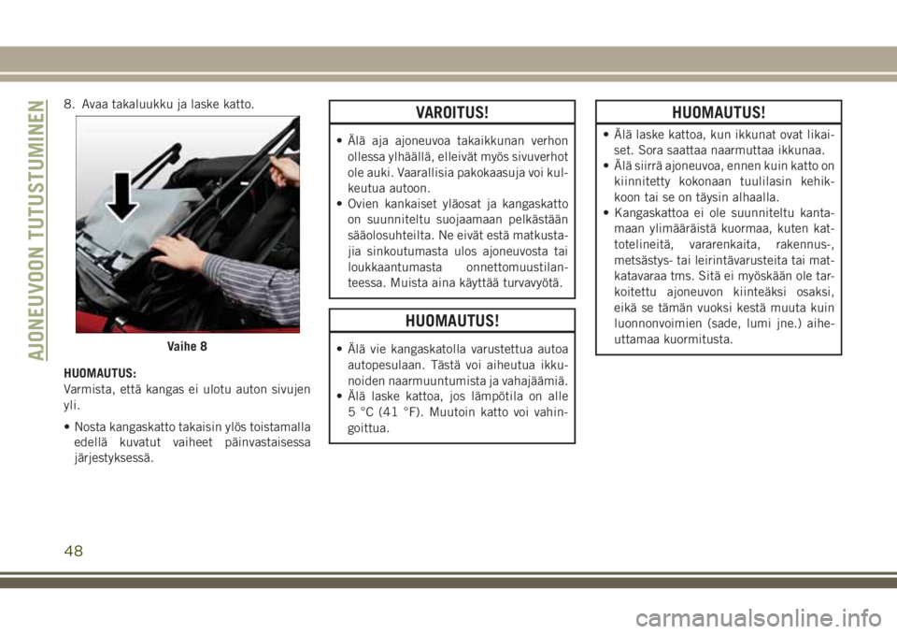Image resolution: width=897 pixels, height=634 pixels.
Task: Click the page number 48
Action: (x=75, y=551)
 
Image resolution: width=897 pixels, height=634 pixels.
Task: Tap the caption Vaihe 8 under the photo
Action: (x=188, y=345)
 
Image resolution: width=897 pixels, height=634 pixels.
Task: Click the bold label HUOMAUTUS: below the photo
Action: (x=98, y=371)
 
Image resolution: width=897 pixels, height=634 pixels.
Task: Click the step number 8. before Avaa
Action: (x=69, y=103)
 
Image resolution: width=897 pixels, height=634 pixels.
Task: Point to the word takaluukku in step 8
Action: (x=143, y=103)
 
